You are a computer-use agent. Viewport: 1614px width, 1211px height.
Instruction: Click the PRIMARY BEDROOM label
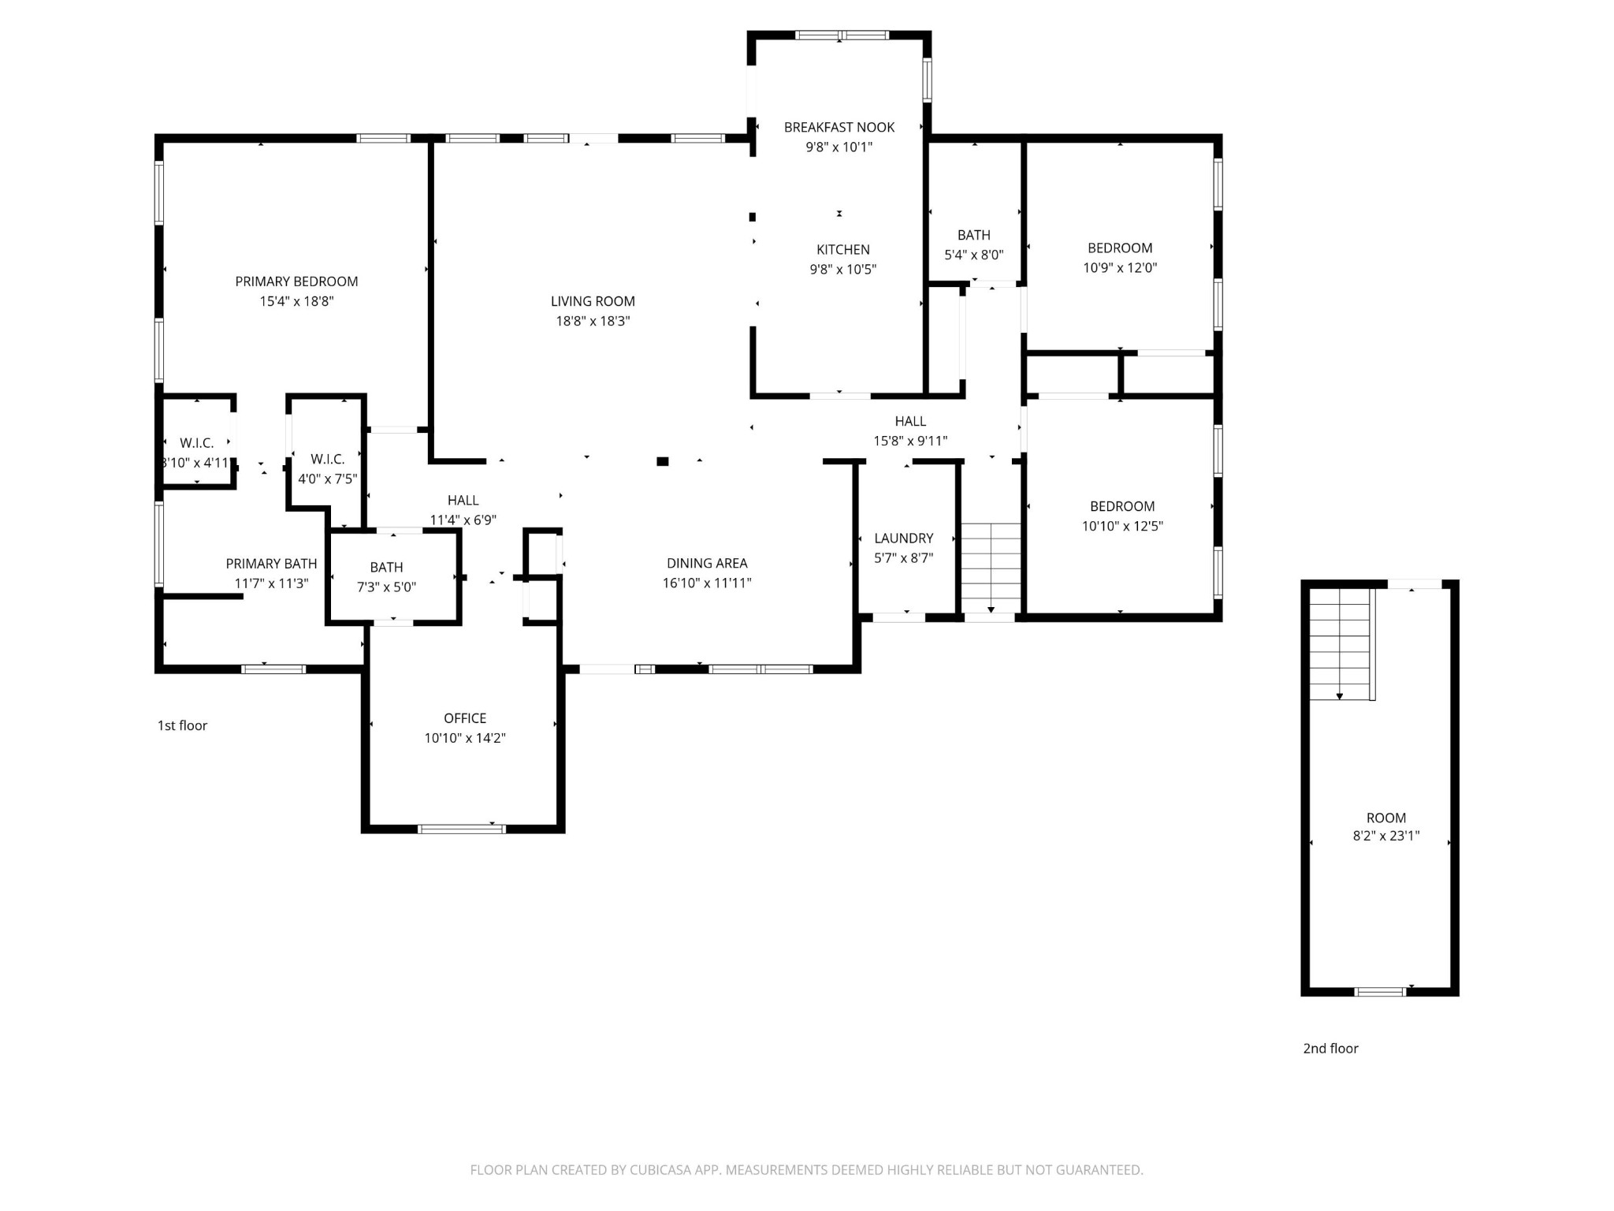[296, 281]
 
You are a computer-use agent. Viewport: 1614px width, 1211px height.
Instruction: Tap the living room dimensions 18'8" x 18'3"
[593, 321]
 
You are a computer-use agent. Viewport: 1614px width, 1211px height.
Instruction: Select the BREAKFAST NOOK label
[839, 127]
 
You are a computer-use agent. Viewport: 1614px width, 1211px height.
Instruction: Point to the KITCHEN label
[842, 250]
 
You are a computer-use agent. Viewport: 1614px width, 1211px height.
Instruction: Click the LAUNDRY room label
[903, 538]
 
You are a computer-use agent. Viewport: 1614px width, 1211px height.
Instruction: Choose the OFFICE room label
[464, 718]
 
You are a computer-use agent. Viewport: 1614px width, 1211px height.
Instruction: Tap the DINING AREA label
[706, 563]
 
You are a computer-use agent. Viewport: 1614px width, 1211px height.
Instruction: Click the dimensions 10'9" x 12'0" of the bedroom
[1119, 267]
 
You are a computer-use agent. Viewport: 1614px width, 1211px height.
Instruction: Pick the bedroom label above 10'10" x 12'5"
[1121, 506]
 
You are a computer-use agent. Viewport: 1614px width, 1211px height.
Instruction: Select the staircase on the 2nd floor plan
[1340, 643]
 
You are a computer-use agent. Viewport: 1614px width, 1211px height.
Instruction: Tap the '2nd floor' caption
[1330, 1048]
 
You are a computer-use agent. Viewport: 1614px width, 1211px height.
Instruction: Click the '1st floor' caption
[182, 725]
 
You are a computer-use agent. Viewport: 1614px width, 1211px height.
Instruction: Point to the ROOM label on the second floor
[1385, 818]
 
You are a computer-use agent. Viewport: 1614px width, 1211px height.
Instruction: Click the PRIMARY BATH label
[271, 564]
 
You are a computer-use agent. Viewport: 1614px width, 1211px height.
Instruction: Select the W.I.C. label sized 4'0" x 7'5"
[327, 459]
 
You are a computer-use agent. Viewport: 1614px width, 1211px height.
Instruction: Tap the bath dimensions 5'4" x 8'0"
[973, 255]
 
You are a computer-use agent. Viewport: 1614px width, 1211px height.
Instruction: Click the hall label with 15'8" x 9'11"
[909, 421]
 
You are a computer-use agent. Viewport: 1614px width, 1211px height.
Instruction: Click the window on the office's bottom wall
[461, 829]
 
